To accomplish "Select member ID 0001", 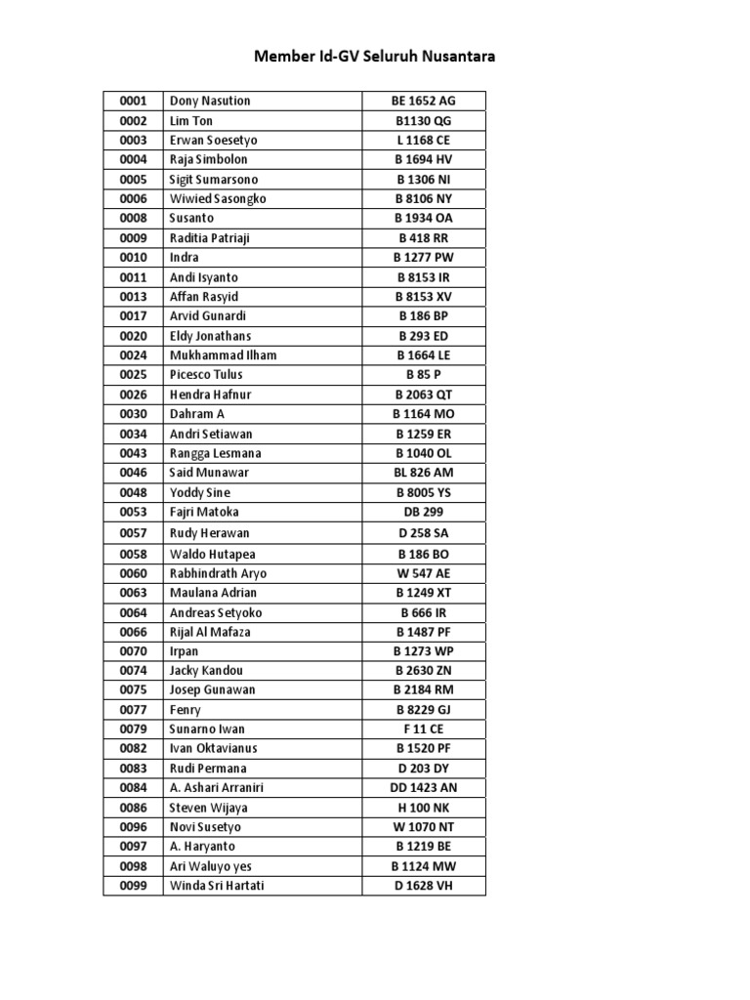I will coord(133,101).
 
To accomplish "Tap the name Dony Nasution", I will coord(210,101).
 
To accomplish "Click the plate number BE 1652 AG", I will coord(424,101).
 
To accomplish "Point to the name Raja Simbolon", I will coord(209,159).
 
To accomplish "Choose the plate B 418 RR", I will coord(424,237).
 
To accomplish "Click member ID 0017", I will coord(133,315).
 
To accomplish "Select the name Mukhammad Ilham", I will coord(223,354).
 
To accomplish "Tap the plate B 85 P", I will coord(424,374).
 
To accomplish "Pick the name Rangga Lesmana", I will coord(215,453).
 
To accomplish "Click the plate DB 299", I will coord(424,512).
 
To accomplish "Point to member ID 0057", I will coord(133,533).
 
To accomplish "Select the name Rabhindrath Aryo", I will coord(218,573).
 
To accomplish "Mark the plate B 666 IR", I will coord(424,612).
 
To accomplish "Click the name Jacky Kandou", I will coord(206,670).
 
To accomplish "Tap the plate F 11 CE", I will coord(424,729).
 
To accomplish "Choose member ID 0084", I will coord(133,787).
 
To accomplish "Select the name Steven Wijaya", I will coord(209,808).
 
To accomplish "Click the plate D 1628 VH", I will coord(424,886).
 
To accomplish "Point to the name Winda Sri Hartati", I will coord(217,886).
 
